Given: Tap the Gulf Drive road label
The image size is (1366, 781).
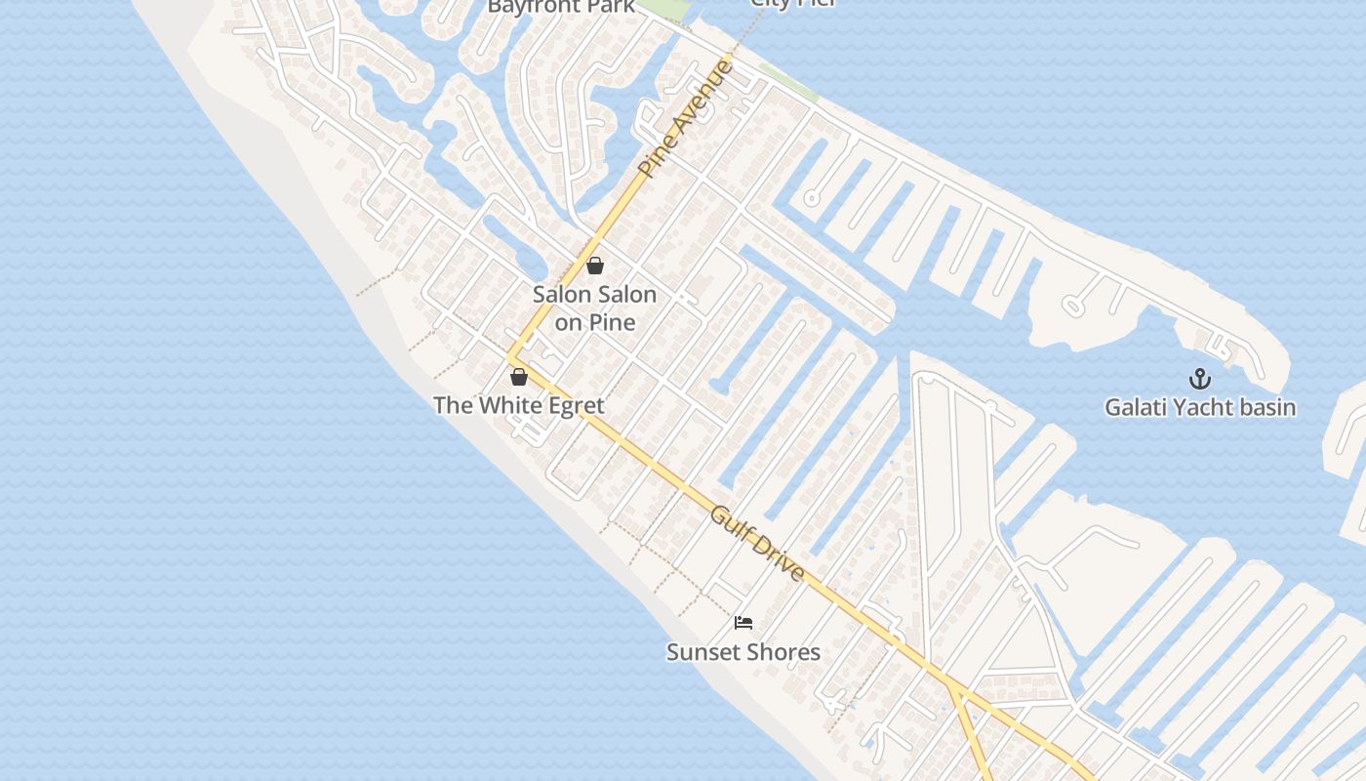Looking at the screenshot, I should (757, 543).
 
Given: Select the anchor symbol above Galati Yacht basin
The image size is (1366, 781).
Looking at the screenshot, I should (1199, 379).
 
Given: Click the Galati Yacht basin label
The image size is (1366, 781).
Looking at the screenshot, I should (1200, 407).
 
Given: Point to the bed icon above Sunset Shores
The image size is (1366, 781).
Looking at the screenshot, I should (743, 623).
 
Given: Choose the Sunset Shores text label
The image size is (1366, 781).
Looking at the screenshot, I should (743, 651).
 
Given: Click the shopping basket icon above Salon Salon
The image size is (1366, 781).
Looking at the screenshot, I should (595, 266).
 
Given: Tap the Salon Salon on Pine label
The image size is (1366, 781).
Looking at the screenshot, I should (594, 308).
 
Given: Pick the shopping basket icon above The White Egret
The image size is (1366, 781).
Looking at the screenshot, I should (519, 376).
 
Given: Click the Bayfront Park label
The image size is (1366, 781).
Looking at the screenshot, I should (561, 7).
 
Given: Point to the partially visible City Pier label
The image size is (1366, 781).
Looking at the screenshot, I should (792, 3).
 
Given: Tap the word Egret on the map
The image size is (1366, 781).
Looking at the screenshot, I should (570, 405).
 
